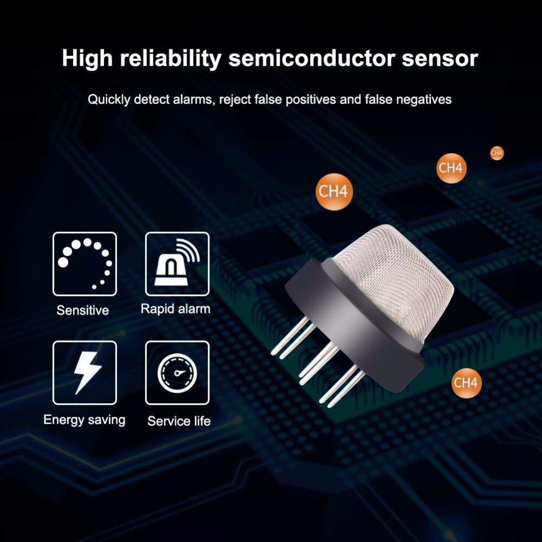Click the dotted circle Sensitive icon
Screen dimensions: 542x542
click(x=85, y=263)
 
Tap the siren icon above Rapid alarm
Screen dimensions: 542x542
click(x=177, y=263)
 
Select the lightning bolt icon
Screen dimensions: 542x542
click(x=85, y=373)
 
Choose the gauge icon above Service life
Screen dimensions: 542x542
click(x=177, y=373)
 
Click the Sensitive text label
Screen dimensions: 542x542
click(x=82, y=311)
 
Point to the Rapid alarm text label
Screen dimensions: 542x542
click(x=176, y=309)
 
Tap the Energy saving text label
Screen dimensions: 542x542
click(x=84, y=420)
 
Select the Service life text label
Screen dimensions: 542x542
click(x=179, y=421)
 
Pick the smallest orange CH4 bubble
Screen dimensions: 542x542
click(x=496, y=153)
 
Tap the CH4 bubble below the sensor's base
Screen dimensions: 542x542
click(x=467, y=383)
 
